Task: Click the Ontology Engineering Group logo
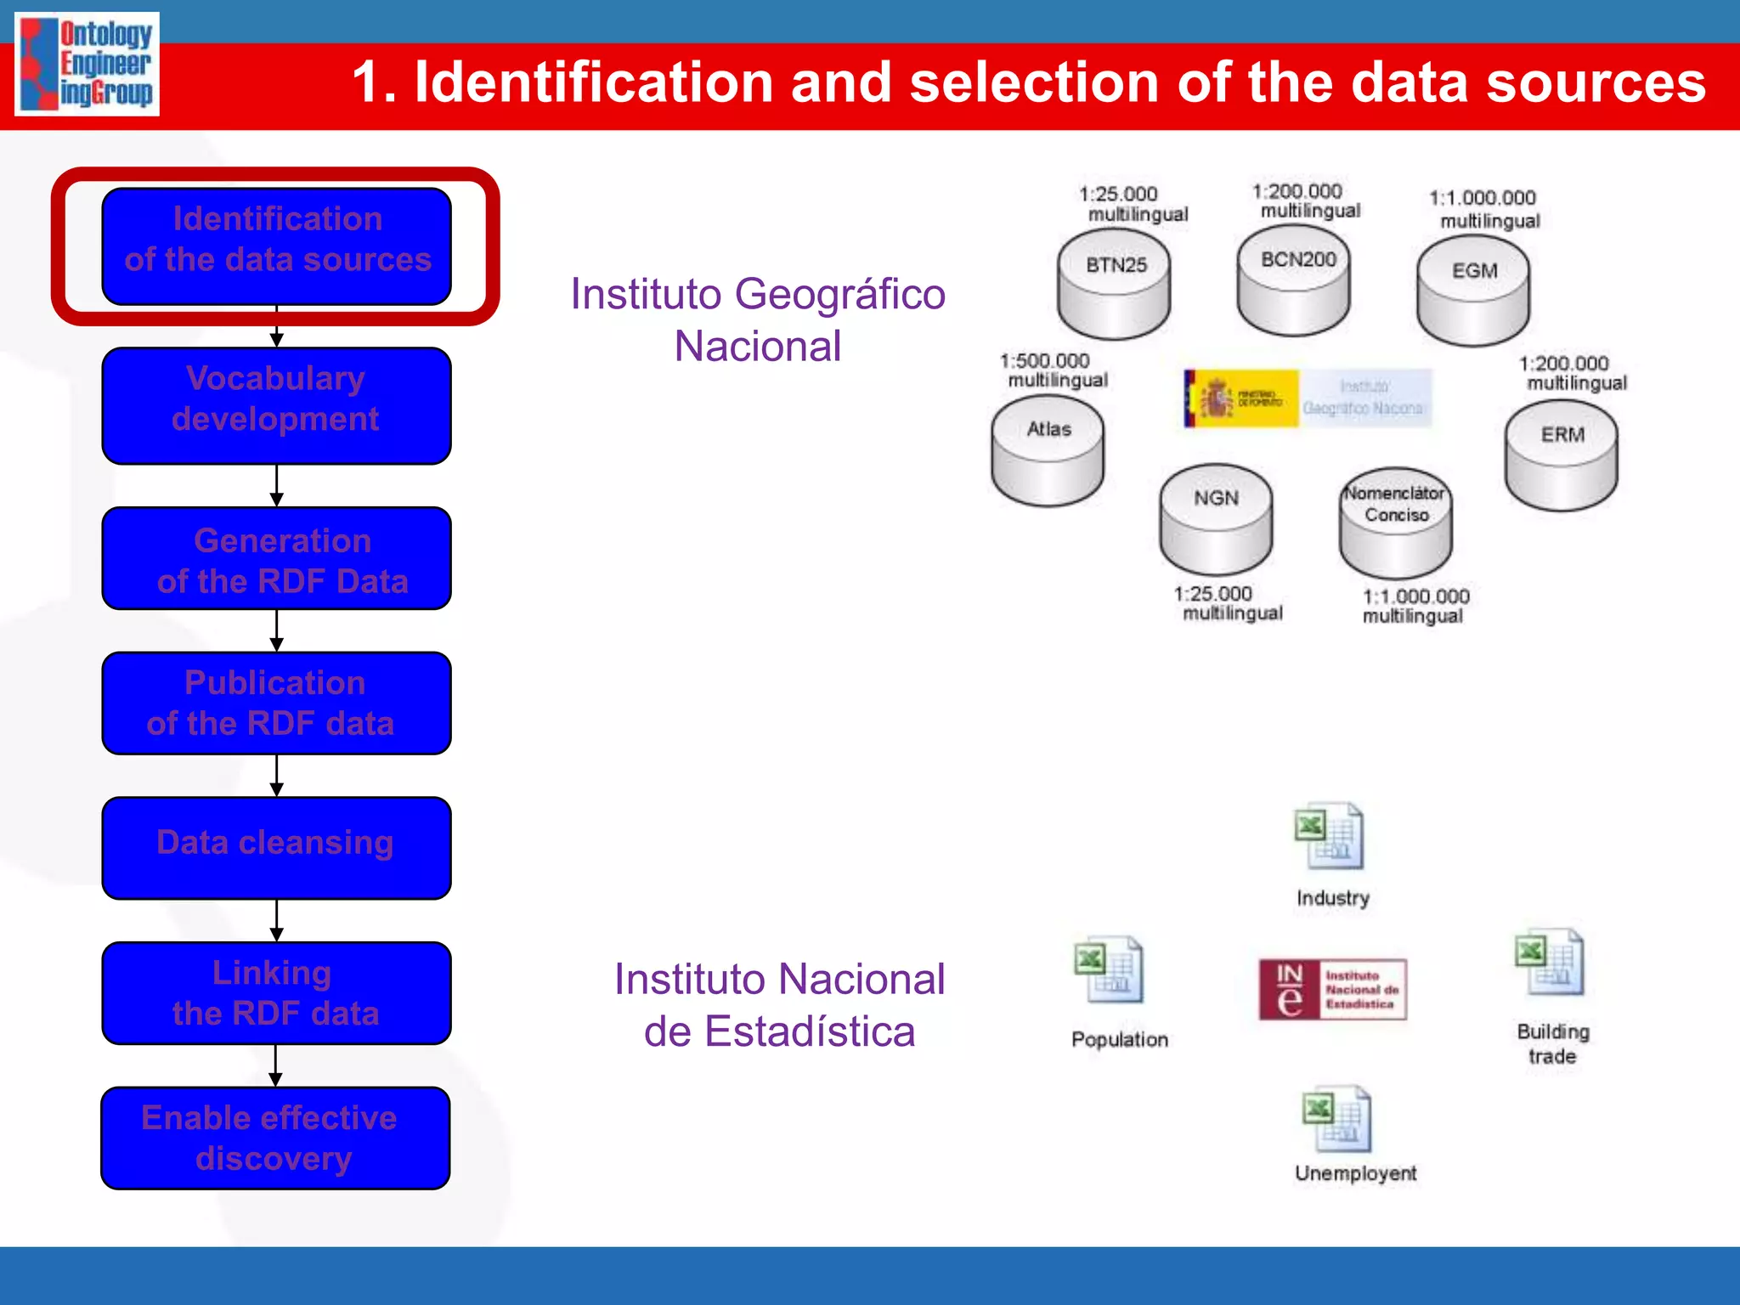click(88, 64)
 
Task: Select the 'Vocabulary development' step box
click(276, 405)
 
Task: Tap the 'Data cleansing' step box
click(276, 847)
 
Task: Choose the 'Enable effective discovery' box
click(275, 1138)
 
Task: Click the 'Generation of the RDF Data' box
click(276, 558)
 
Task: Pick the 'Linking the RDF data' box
click(276, 992)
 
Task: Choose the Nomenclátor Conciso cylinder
click(1395, 522)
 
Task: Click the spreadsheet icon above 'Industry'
click(1329, 836)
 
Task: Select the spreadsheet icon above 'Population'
click(1109, 970)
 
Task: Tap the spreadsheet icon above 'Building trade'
click(1550, 963)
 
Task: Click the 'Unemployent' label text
click(1355, 1173)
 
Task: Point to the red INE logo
click(1332, 990)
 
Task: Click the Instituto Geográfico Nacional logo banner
click(1308, 398)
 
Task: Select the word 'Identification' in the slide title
click(593, 82)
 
